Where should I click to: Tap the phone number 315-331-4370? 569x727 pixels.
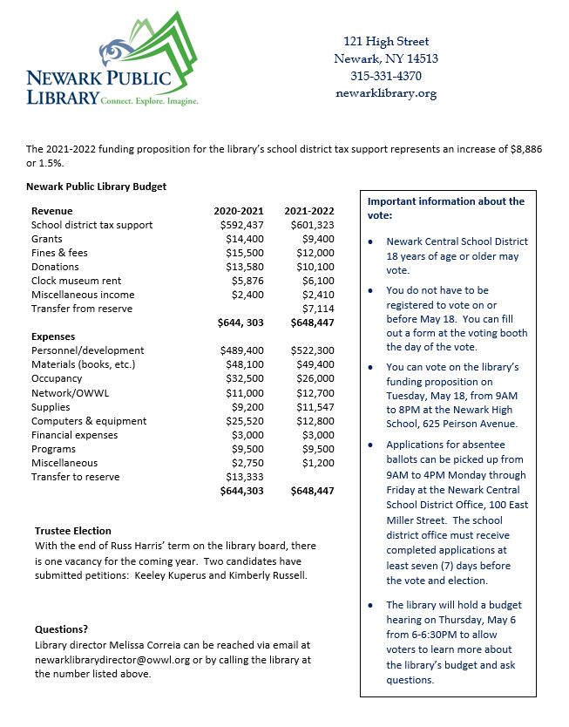pyautogui.click(x=385, y=76)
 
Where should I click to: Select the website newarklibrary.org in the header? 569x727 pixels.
pyautogui.click(x=385, y=93)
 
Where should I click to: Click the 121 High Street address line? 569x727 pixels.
pyautogui.click(x=385, y=41)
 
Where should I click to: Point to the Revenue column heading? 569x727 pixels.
pyautogui.click(x=52, y=211)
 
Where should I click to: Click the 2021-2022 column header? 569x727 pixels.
pyautogui.click(x=310, y=211)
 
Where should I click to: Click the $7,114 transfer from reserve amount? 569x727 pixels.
pyautogui.click(x=317, y=309)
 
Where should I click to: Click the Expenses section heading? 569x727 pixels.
pyautogui.click(x=54, y=336)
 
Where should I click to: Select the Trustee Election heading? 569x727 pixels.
pyautogui.click(x=72, y=531)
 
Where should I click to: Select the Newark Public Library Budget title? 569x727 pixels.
pyautogui.click(x=96, y=186)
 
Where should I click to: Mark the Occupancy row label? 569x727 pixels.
pyautogui.click(x=57, y=379)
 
